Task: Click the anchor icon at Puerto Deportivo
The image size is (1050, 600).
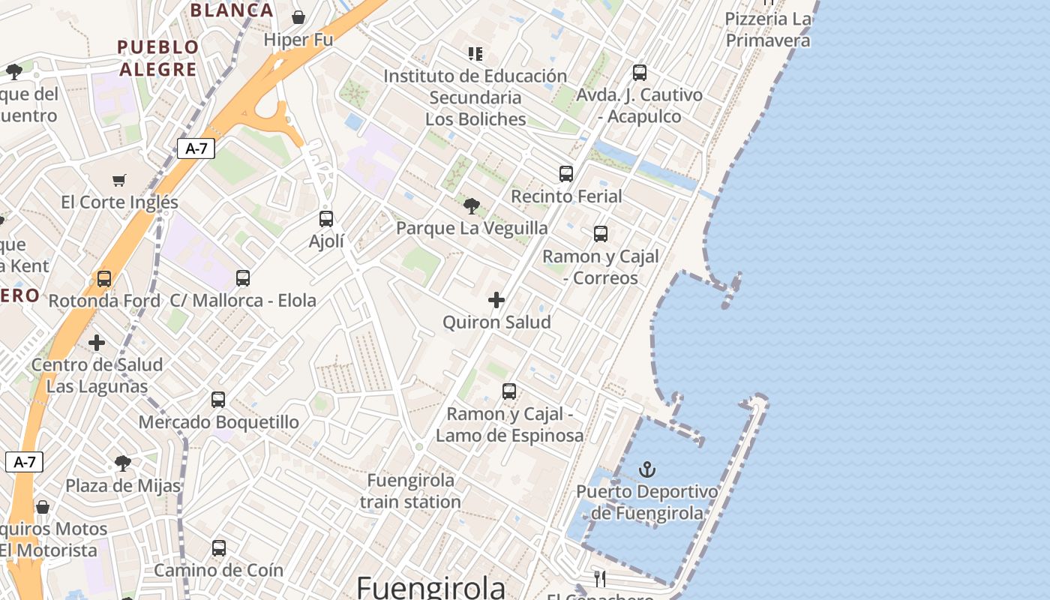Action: click(646, 470)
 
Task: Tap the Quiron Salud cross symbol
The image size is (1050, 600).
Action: click(496, 300)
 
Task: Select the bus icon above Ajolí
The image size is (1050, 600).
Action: click(326, 219)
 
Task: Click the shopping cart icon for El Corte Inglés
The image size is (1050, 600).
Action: click(119, 180)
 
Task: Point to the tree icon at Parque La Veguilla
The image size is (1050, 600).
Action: click(472, 205)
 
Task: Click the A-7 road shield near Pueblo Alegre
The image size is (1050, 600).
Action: click(196, 148)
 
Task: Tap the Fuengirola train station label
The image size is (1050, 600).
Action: click(410, 490)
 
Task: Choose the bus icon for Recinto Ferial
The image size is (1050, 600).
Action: click(566, 174)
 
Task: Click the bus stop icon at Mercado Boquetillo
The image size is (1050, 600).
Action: click(218, 400)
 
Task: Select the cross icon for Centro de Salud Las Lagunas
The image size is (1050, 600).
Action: click(97, 343)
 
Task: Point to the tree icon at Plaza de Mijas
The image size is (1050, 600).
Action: click(123, 463)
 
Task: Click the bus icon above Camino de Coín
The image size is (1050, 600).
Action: click(219, 548)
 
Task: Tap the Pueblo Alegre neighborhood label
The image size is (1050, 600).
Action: click(158, 58)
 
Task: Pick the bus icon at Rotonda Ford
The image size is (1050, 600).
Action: click(104, 279)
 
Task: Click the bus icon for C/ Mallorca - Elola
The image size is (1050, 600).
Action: click(243, 278)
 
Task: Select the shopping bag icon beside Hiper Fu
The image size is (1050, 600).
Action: click(298, 17)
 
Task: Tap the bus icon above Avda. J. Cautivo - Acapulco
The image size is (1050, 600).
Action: click(640, 73)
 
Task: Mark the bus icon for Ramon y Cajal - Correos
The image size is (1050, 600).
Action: click(601, 234)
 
